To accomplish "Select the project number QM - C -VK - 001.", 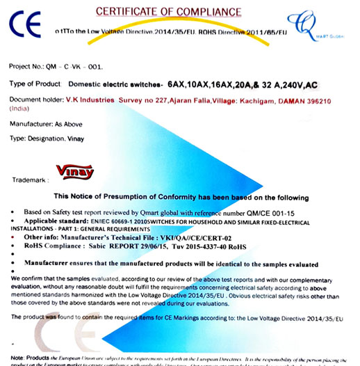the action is [75, 68].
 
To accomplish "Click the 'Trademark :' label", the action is [30, 180].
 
